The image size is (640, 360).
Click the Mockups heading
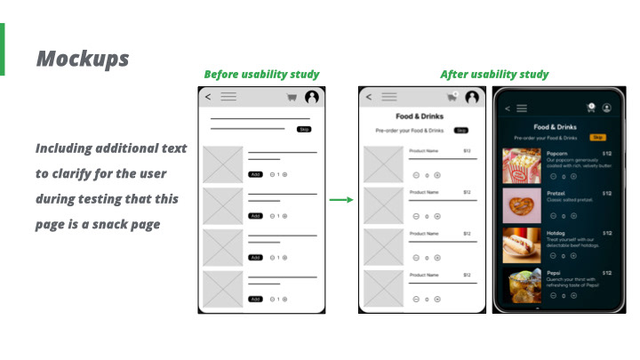tap(83, 59)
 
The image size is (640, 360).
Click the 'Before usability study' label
tap(261, 75)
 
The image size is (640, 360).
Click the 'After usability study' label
tap(494, 75)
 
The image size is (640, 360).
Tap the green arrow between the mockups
tap(341, 199)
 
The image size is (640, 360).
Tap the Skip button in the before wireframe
tap(303, 129)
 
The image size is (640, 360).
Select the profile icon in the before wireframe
tap(312, 97)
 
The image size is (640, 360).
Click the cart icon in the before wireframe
tap(291, 98)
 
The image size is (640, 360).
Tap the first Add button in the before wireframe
tap(256, 174)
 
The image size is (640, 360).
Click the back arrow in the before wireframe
tap(208, 97)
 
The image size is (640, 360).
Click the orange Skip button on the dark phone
tap(597, 138)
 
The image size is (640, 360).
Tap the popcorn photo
tap(521, 166)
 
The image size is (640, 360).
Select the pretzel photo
tap(521, 205)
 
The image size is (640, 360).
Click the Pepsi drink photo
tap(521, 284)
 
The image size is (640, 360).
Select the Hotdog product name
tap(556, 233)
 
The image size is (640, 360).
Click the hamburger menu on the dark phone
tap(522, 108)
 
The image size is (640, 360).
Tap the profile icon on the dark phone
tap(606, 108)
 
